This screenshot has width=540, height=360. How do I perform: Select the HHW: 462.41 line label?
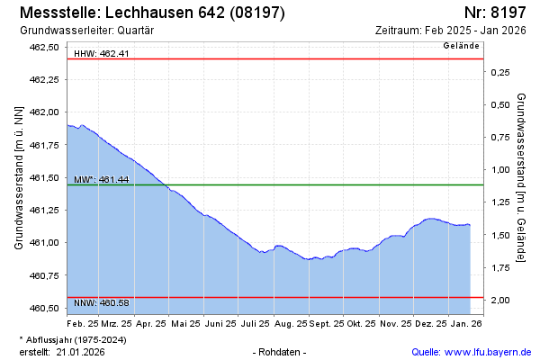[102, 54]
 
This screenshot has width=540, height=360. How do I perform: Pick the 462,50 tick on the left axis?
[45, 47]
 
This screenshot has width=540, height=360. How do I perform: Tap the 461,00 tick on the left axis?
[45, 243]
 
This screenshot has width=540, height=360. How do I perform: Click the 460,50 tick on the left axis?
[45, 309]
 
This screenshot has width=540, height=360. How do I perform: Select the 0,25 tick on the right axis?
[499, 72]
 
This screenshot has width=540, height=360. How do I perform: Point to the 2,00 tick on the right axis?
[499, 300]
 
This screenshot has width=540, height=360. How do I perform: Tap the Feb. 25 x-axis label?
[83, 322]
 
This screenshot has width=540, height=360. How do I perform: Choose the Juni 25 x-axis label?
[220, 322]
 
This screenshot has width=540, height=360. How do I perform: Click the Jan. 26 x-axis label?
[465, 322]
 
